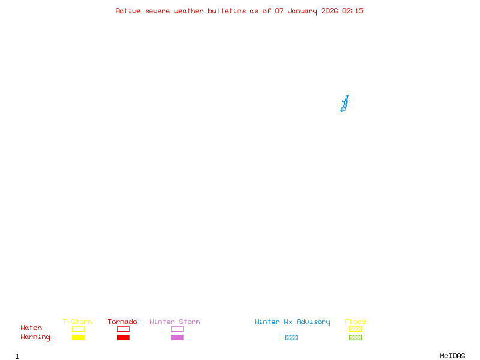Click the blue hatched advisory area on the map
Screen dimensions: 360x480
pos(344,104)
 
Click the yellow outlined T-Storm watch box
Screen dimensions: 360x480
pos(78,329)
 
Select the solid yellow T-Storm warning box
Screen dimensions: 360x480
pos(78,337)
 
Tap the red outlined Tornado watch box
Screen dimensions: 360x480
pos(123,329)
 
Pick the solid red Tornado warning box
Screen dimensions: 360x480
pos(123,337)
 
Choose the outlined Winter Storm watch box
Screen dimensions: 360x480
pos(177,329)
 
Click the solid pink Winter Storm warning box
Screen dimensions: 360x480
pos(177,337)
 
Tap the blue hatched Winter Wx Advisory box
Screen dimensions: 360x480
pos(291,337)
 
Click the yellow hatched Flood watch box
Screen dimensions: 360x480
pos(355,329)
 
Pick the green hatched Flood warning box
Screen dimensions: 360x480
pos(355,337)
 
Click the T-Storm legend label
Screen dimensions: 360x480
pos(77,322)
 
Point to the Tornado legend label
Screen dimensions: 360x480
pos(122,322)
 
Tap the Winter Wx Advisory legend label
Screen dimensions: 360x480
pos(292,322)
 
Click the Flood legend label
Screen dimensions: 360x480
pos(355,322)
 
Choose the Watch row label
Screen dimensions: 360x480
pos(31,328)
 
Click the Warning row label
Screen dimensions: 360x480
pos(35,337)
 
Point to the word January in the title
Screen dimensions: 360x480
pos(302,11)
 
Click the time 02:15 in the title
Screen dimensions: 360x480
pos(353,11)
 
